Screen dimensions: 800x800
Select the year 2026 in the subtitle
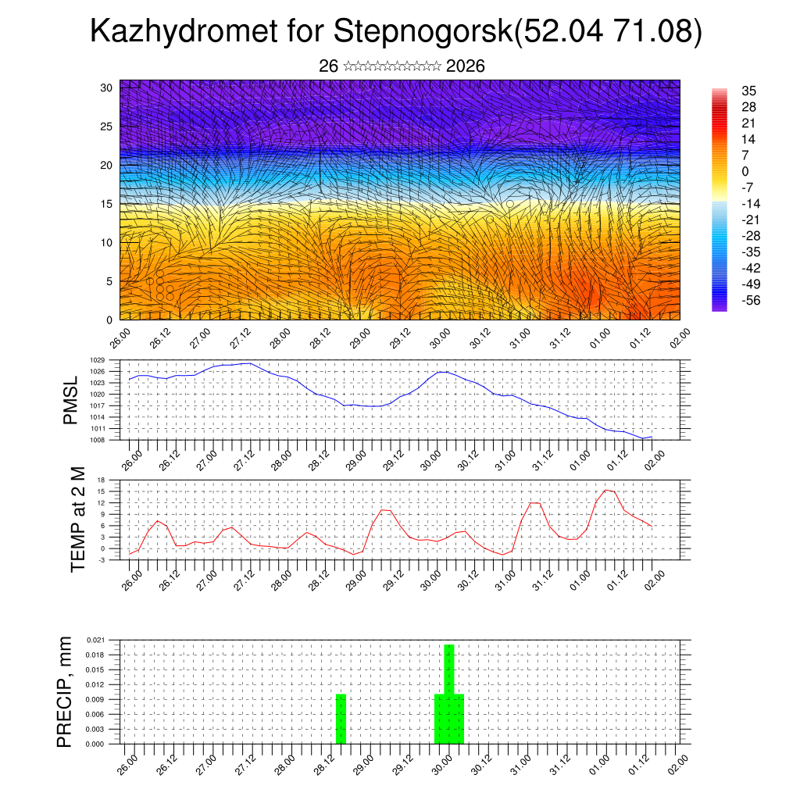click(x=466, y=66)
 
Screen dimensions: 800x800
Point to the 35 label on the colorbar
click(x=748, y=91)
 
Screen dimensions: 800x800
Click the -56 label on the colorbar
click(x=751, y=300)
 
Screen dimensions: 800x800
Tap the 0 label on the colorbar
click(x=745, y=171)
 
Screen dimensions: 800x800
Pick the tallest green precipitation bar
click(x=449, y=694)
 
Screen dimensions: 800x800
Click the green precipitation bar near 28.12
click(x=341, y=719)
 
